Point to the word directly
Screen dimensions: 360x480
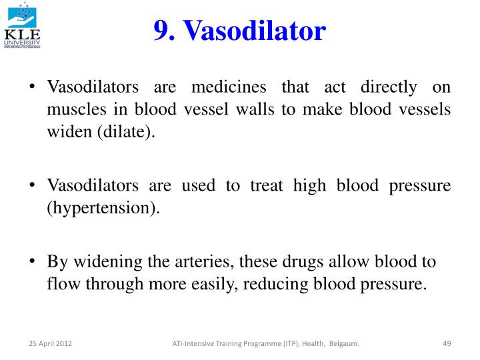[389, 87]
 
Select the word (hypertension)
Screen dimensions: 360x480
[103, 208]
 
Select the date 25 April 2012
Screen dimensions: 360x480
[50, 344]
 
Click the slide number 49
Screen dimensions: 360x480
[447, 344]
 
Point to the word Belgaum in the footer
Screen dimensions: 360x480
[344, 344]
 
